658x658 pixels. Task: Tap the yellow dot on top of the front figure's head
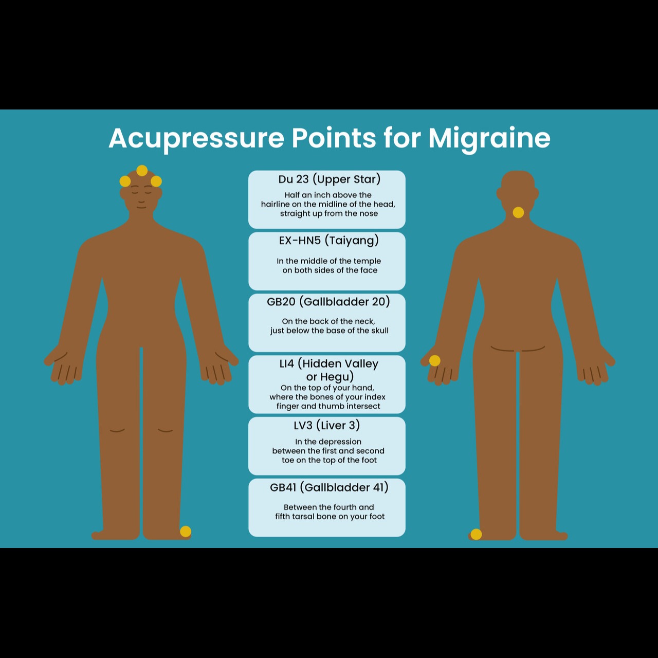pyautogui.click(x=142, y=170)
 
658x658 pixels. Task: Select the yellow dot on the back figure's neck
pyautogui.click(x=518, y=212)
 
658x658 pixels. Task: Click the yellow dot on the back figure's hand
pyautogui.click(x=435, y=360)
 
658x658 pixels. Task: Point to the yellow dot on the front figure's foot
pyautogui.click(x=186, y=532)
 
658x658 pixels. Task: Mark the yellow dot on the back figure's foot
pyautogui.click(x=476, y=534)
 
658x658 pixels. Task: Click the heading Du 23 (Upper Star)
pyautogui.click(x=329, y=179)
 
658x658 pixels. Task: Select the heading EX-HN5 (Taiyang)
pyautogui.click(x=329, y=241)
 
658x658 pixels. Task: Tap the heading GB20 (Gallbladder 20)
pyautogui.click(x=328, y=302)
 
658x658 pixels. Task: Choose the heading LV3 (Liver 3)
pyautogui.click(x=327, y=426)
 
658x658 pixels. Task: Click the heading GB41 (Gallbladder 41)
pyautogui.click(x=329, y=487)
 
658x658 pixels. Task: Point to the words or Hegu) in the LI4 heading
pyautogui.click(x=330, y=377)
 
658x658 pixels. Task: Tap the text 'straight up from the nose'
pyautogui.click(x=329, y=214)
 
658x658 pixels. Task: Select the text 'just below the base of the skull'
pyautogui.click(x=329, y=331)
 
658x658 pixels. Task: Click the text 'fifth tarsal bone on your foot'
pyautogui.click(x=330, y=516)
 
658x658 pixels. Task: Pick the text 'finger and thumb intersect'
pyautogui.click(x=328, y=406)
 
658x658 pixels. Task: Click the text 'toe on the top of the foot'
pyautogui.click(x=329, y=460)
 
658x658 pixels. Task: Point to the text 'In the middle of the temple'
pyautogui.click(x=328, y=261)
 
